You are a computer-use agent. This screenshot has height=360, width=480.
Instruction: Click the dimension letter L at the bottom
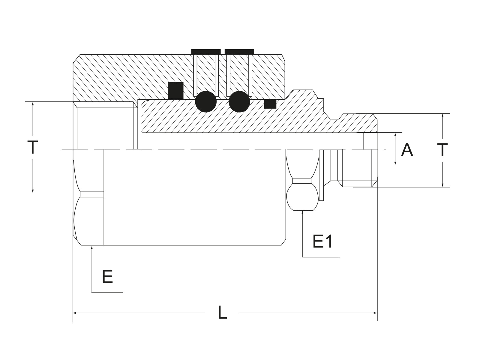[222, 312]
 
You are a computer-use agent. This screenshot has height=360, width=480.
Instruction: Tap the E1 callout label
[322, 241]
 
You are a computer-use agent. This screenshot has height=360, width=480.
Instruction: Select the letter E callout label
[107, 277]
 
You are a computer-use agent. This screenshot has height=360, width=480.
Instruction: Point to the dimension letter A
[407, 150]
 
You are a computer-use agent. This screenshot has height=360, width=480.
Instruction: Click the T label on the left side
[33, 147]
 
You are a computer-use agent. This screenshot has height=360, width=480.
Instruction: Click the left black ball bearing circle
[206, 102]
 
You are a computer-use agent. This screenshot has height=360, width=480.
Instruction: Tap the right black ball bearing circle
[239, 102]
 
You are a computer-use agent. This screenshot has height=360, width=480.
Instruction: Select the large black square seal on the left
[175, 90]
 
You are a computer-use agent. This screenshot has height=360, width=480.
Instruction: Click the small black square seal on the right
[270, 104]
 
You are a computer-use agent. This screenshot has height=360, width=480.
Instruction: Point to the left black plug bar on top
[206, 52]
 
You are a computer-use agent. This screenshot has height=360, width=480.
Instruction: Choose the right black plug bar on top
[239, 52]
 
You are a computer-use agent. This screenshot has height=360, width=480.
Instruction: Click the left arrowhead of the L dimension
[74, 313]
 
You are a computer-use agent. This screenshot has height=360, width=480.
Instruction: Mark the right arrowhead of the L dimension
[376, 313]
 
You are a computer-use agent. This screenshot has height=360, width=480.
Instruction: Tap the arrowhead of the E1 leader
[302, 212]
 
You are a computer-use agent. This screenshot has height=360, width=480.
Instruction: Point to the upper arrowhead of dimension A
[395, 134]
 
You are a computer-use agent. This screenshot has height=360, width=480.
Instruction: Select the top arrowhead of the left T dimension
[33, 103]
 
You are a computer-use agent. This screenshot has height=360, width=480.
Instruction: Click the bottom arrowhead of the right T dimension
[442, 185]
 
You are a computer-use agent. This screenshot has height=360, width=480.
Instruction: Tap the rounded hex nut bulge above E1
[302, 197]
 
